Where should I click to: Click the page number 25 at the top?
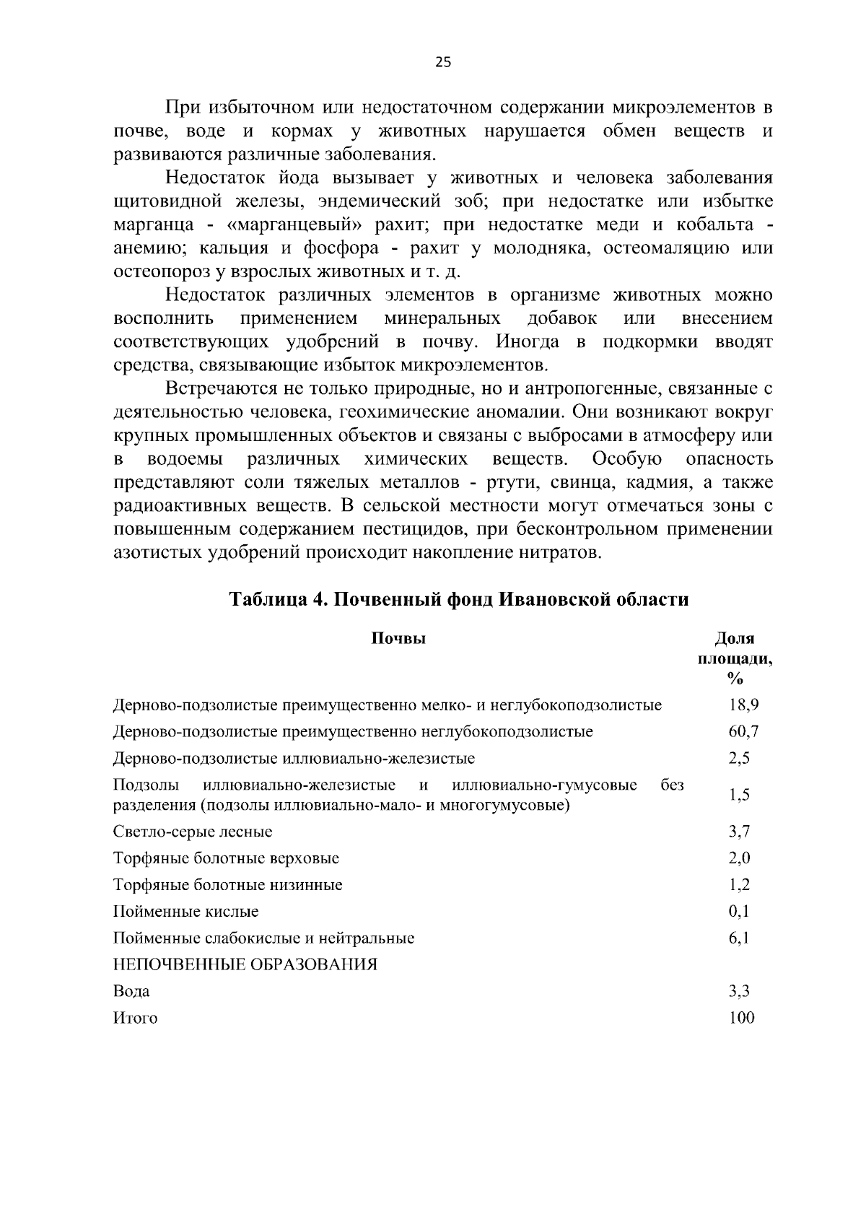442,63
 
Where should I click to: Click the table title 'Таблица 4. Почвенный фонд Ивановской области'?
459,600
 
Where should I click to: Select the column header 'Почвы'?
398,638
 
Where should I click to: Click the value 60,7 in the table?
743,732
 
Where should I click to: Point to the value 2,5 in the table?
740,759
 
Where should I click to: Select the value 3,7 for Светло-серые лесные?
740,832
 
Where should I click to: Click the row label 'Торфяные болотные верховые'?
226,858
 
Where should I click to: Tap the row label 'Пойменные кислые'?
185,912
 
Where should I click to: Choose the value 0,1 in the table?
740,912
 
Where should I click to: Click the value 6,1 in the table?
740,938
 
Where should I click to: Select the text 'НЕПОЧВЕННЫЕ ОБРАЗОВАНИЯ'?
245,965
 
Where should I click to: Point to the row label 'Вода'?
131,992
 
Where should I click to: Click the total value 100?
741,1019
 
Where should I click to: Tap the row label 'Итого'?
135,1019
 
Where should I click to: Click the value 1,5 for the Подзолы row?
740,795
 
